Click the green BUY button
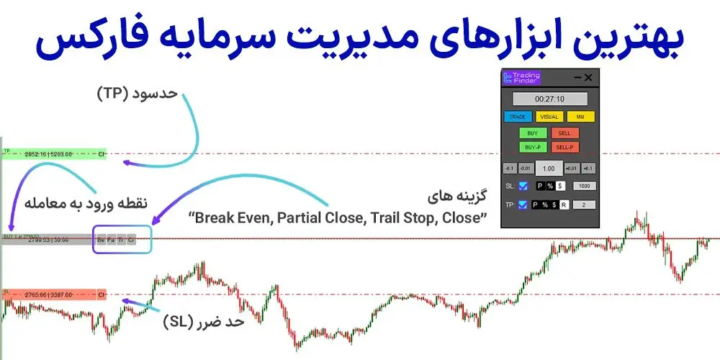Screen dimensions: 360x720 532,133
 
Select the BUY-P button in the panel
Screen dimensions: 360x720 532,148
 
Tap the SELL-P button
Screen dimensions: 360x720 565,148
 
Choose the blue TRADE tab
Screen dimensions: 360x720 518,117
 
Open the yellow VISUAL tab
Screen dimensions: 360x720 549,117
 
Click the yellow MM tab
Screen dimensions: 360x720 580,117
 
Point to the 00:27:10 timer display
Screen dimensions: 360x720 549,99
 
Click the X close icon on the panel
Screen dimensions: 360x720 588,78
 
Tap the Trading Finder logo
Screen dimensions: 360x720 524,78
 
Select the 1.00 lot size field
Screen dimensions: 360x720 549,168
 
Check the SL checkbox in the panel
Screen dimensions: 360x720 523,186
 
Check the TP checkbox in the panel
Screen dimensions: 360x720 523,205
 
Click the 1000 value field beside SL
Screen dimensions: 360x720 585,186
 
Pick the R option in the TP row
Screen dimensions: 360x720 564,205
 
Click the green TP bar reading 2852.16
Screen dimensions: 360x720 54,153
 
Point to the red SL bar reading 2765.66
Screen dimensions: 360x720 54,294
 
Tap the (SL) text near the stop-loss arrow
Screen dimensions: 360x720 176,322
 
